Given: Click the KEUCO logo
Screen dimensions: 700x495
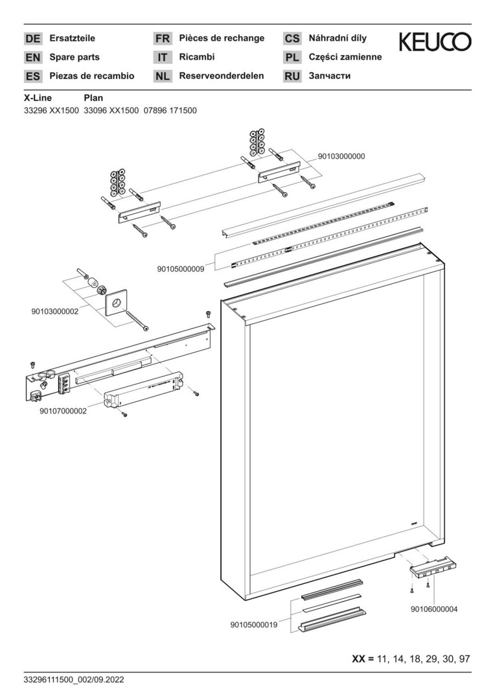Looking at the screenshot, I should coord(435,43).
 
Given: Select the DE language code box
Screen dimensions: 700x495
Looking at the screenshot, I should coord(32,39).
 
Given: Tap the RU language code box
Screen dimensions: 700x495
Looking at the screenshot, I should coord(292,76).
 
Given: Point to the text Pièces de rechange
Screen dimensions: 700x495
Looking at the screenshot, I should coord(222,38).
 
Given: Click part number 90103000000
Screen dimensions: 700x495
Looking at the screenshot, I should coord(341,156).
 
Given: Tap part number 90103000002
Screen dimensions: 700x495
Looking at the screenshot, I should coord(54,311).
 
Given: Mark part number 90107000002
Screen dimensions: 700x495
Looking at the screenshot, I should coord(63,410).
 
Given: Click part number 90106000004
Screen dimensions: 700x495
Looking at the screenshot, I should coord(434,609).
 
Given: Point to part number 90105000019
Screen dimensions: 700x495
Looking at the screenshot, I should coord(254,625).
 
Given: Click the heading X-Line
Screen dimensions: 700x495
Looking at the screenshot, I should coord(38,98).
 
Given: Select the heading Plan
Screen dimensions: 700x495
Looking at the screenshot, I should coord(93,98).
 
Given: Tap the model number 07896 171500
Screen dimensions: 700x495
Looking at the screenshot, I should coord(170,111).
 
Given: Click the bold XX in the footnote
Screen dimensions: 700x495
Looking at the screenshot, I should coord(358,659).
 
